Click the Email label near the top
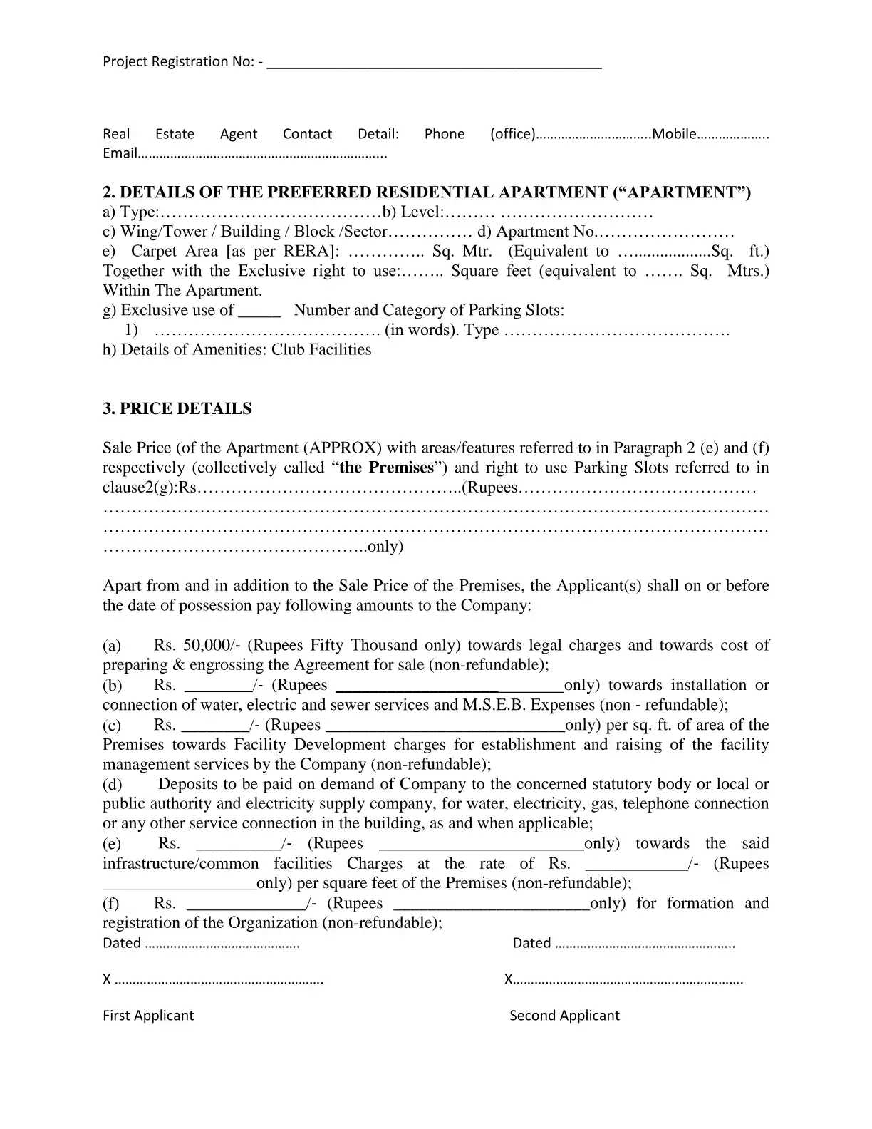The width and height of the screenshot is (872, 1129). pyautogui.click(x=119, y=153)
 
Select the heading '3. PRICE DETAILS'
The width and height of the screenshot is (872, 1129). pyautogui.click(x=177, y=409)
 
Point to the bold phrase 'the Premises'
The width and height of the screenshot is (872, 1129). pyautogui.click(x=387, y=468)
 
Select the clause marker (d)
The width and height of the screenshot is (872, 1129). pyautogui.click(x=112, y=785)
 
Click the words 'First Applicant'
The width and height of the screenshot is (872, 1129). pyautogui.click(x=148, y=1016)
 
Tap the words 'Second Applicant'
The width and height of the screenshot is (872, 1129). pyautogui.click(x=564, y=1016)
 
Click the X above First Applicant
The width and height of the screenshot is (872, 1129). pyautogui.click(x=107, y=979)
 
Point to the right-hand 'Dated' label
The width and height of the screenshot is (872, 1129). pyautogui.click(x=531, y=943)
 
